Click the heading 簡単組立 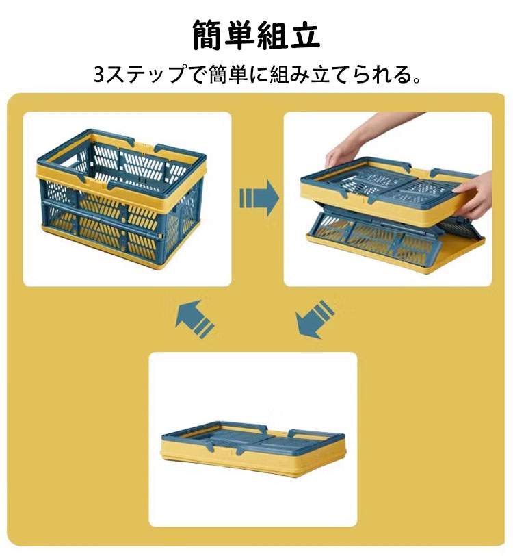coord(256,34)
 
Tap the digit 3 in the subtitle coord(100,75)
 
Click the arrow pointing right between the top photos coord(259,197)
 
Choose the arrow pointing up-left coord(195,319)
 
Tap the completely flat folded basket coord(253,448)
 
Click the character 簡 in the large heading coord(208,34)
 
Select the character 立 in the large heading coord(304,34)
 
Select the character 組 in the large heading coord(272,34)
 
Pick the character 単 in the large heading coord(240,34)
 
